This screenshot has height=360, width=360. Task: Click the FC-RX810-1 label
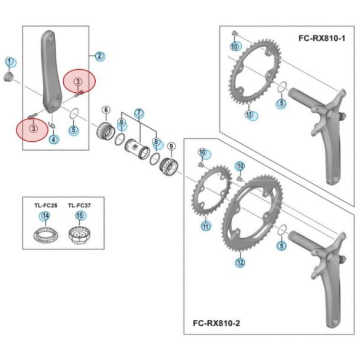pyautogui.click(x=322, y=38)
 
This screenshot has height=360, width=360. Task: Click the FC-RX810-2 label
pyautogui.click(x=216, y=323)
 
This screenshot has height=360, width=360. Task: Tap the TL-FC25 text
pyautogui.click(x=46, y=206)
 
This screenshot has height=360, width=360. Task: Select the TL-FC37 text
pyautogui.click(x=79, y=206)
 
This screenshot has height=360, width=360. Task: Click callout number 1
pyautogui.click(x=9, y=61)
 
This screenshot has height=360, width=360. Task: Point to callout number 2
pyautogui.click(x=99, y=56)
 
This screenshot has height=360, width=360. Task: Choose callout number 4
pyautogui.click(x=53, y=140)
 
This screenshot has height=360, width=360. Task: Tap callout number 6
pyautogui.click(x=106, y=110)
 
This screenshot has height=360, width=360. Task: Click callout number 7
pyautogui.click(x=139, y=113)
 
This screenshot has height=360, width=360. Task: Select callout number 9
pyautogui.click(x=171, y=146)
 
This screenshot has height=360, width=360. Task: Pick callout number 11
pyautogui.click(x=206, y=226)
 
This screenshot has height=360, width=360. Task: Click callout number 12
pyautogui.click(x=240, y=262)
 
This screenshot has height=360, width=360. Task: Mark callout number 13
pyautogui.click(x=249, y=114)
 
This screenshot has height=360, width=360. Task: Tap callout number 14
pyautogui.click(x=46, y=216)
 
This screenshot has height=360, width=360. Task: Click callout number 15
pyautogui.click(x=79, y=216)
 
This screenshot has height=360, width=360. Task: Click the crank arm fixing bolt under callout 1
pyautogui.click(x=9, y=77)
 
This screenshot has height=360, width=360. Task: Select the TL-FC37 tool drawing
pyautogui.click(x=79, y=235)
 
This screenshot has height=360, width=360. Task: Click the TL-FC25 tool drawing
pyautogui.click(x=46, y=235)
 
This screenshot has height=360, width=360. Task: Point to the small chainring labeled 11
pyautogui.click(x=212, y=191)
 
